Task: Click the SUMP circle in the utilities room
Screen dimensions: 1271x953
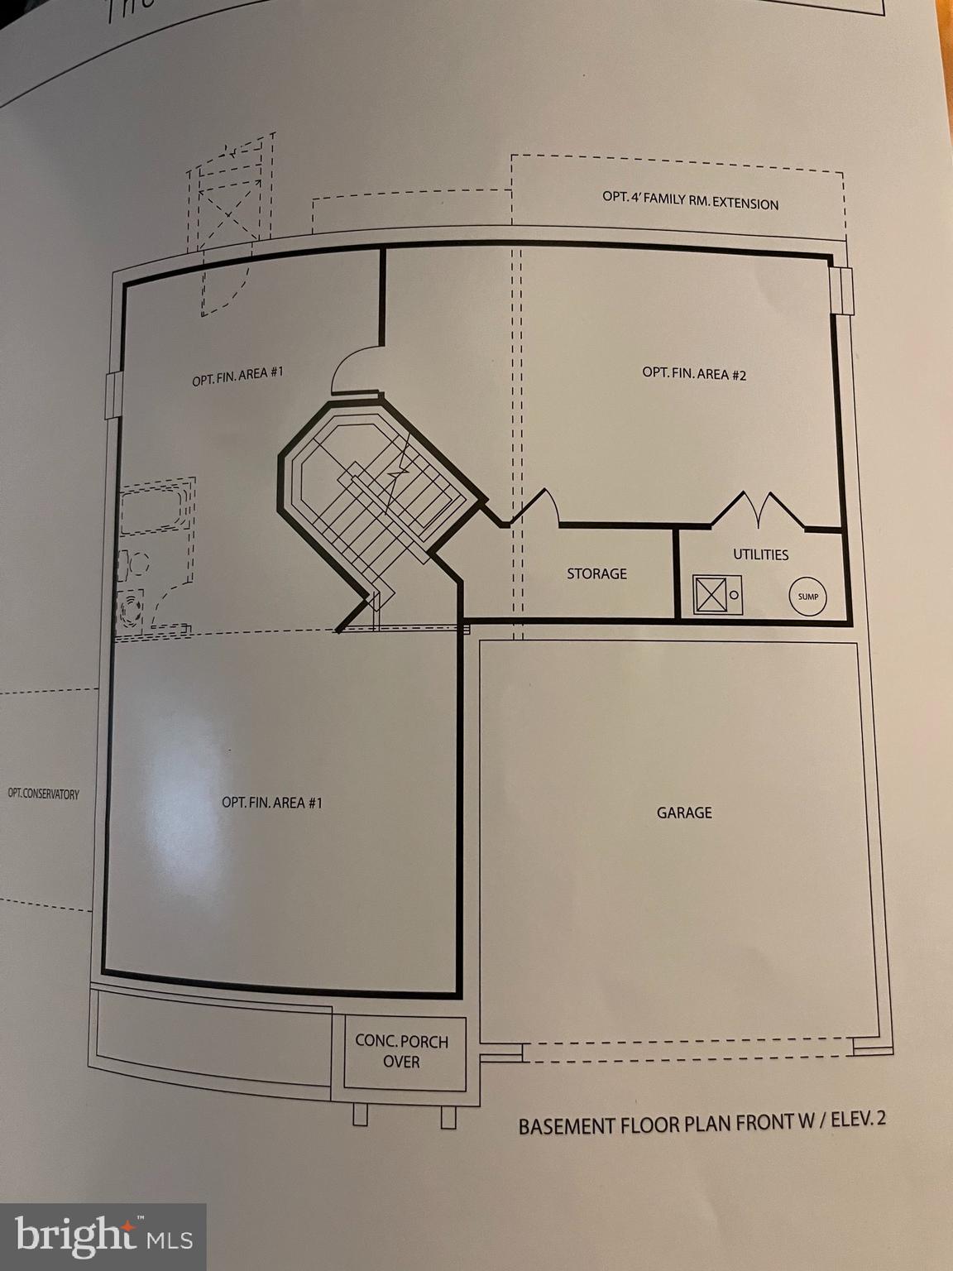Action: (807, 597)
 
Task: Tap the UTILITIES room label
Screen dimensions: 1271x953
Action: (760, 554)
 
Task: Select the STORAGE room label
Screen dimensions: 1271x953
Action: (596, 573)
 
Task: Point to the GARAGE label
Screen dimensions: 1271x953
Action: (684, 813)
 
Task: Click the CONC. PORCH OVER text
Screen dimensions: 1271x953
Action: (401, 1051)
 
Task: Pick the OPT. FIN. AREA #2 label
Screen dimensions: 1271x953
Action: (694, 374)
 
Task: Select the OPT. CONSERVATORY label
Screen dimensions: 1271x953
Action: (43, 794)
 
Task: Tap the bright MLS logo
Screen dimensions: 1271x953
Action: (103, 1236)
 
